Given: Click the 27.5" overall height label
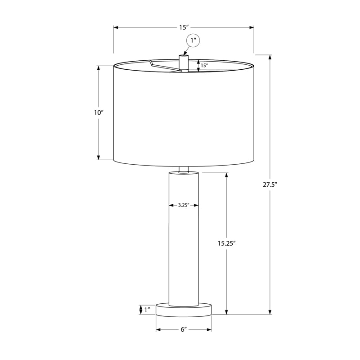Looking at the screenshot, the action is [270, 184].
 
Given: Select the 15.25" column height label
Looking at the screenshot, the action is [227, 243].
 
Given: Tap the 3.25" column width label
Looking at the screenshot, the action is [184, 205].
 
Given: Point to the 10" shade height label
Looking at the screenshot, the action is [99, 112].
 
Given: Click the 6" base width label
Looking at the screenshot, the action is [184, 329].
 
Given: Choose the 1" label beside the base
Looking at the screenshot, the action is [147, 310].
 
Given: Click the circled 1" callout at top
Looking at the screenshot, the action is [193, 40].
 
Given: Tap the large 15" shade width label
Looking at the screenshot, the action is [184, 27].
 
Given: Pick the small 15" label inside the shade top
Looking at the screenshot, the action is [204, 65].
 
